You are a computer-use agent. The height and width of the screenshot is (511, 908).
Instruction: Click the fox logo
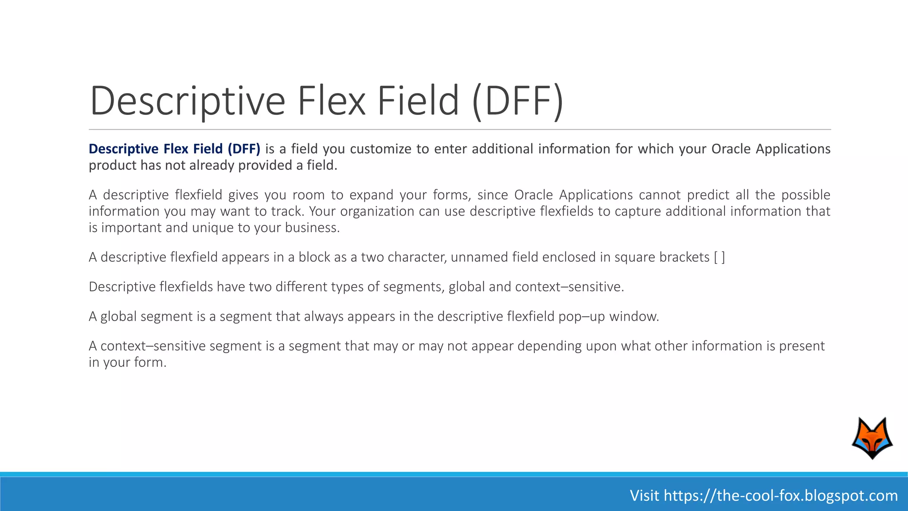(x=872, y=438)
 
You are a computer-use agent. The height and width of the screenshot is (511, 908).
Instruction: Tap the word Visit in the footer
(x=645, y=495)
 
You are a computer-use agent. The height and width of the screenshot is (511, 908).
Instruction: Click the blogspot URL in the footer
(x=780, y=495)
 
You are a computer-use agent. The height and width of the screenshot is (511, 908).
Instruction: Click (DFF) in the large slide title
(x=518, y=101)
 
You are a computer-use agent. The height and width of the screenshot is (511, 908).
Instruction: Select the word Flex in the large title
(x=332, y=101)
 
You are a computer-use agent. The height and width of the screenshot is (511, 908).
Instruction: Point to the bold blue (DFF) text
(x=244, y=149)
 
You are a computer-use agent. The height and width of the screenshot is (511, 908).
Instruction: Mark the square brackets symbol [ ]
(x=720, y=258)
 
